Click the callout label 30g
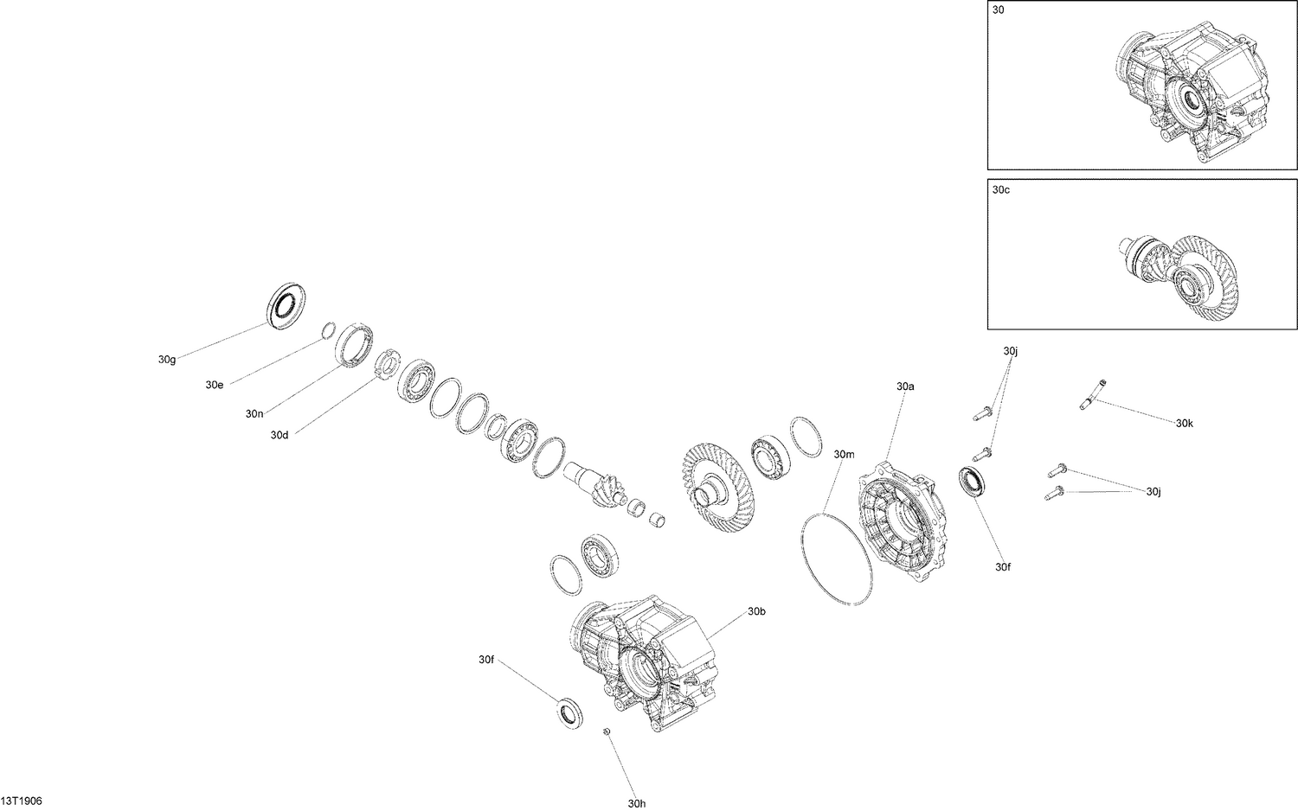tap(167, 360)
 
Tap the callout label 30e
tap(215, 385)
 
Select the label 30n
tap(254, 414)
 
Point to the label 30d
tap(279, 435)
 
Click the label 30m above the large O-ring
tap(844, 455)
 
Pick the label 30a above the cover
tap(905, 386)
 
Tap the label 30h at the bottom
tap(637, 803)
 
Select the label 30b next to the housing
tap(756, 611)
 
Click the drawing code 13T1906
tap(22, 801)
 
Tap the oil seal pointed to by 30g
tap(283, 304)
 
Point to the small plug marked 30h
tap(607, 733)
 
